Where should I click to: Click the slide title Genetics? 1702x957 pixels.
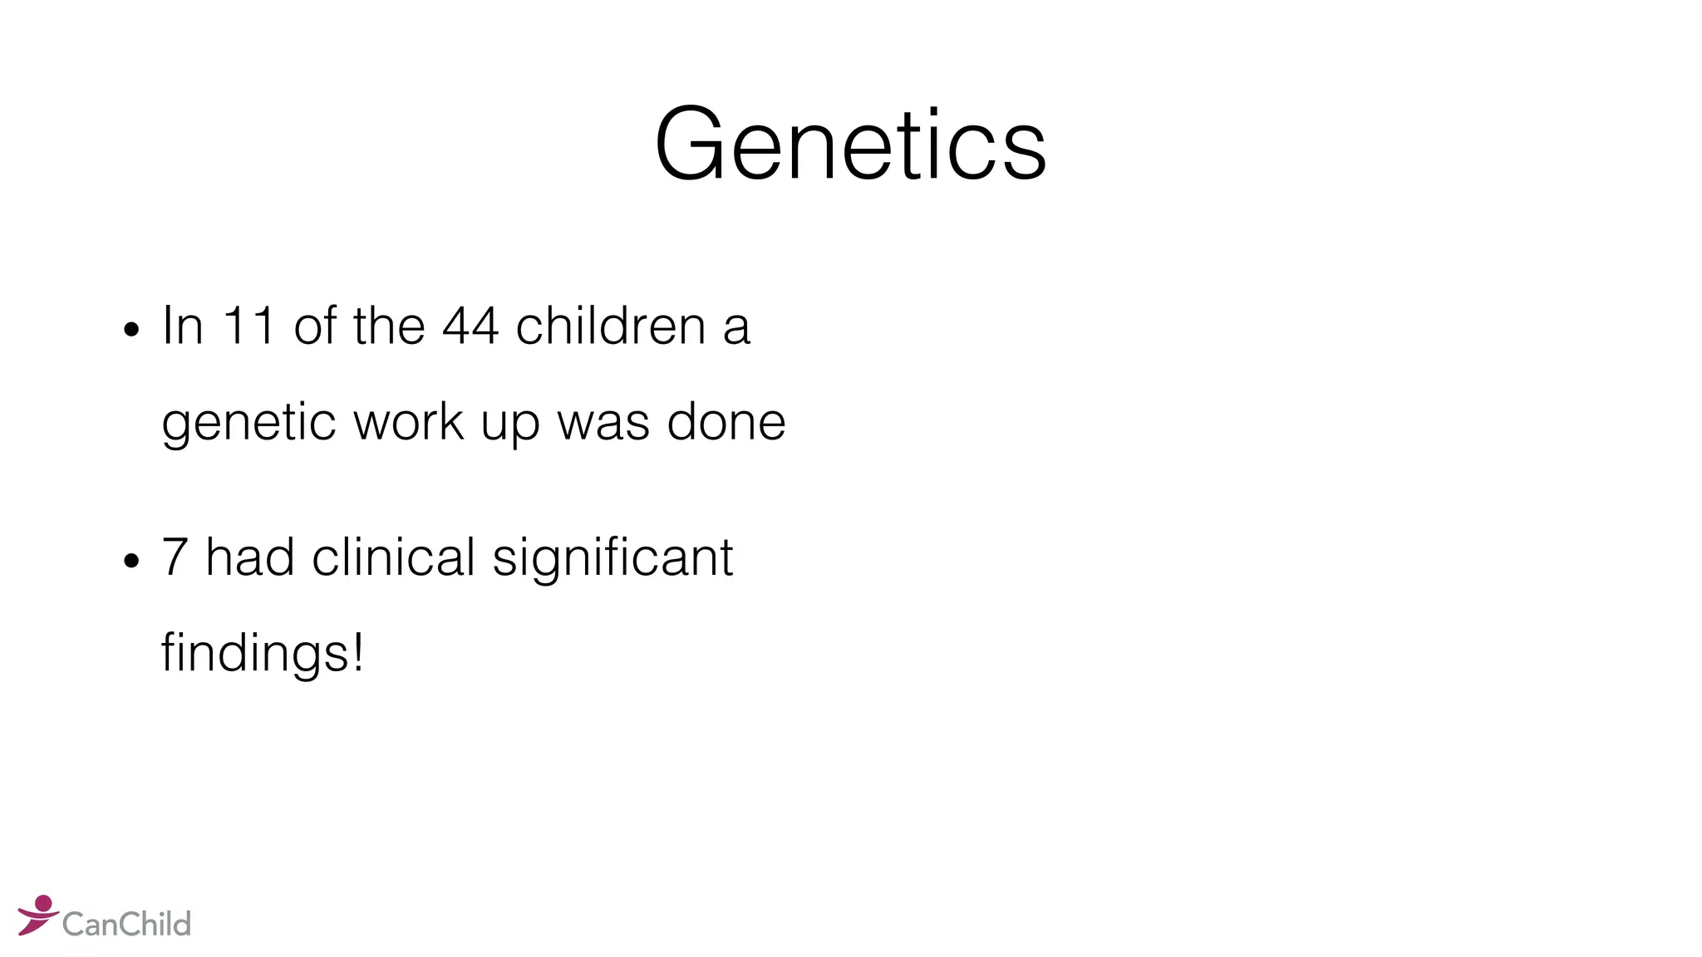pos(850,145)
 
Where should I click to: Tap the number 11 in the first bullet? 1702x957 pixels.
pos(248,326)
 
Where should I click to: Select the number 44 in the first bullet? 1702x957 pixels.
pos(470,326)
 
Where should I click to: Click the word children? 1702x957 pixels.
pos(611,326)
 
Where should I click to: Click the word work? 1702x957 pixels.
pos(408,422)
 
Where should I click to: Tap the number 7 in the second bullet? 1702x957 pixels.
pos(175,557)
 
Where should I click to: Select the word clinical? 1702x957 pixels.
pos(393,557)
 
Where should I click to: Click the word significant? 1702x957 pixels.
pos(612,558)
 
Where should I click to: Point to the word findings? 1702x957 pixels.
pos(254,654)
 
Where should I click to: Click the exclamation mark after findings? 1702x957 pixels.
pos(358,652)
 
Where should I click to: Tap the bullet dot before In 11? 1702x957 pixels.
pos(130,330)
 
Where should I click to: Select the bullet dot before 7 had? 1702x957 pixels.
pos(130,561)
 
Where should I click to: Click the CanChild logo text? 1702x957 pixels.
pos(126,924)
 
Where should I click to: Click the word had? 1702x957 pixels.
pos(249,557)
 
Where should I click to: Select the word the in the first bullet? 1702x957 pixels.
pos(389,326)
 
